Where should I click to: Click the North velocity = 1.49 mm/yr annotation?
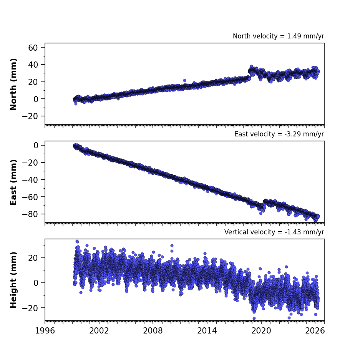tap(279, 36)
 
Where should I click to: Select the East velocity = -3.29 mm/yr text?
tap(279, 134)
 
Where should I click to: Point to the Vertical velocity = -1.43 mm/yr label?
tap(274, 232)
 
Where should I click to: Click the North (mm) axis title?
tap(13, 84)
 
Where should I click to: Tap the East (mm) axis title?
tap(13, 182)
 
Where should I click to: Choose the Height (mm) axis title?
tap(13, 280)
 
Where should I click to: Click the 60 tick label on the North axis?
tap(33, 48)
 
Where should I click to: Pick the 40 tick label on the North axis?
tap(33, 65)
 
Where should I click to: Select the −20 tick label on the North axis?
tap(30, 116)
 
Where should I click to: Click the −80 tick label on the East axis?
tap(30, 214)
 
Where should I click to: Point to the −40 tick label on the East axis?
tap(30, 180)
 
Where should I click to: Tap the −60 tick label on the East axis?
tap(30, 197)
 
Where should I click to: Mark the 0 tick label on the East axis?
tap(36, 145)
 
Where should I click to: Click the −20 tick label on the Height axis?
tap(30, 308)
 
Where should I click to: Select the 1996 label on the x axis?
tap(45, 331)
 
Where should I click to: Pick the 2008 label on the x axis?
tap(153, 331)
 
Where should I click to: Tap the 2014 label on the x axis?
tap(207, 331)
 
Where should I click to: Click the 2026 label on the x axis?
tap(315, 331)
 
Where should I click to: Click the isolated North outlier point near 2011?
tap(184, 81)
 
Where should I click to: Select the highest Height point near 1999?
tap(77, 242)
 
